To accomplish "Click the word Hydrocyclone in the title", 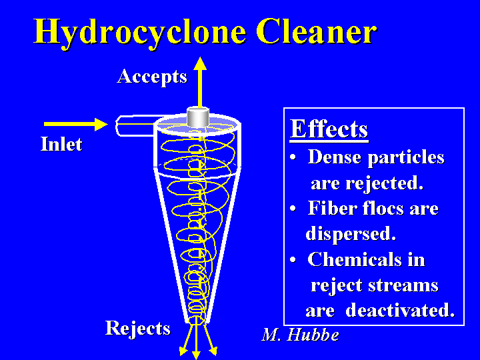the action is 140,32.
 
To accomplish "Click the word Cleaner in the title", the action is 317,31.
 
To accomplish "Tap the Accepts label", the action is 152,77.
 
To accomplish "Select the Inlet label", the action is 61,144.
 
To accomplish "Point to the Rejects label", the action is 138,329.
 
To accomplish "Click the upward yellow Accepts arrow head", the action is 200,63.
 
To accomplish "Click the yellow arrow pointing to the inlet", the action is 75,124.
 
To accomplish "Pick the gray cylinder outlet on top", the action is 198,117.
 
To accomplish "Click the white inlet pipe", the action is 135,125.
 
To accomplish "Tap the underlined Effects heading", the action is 329,129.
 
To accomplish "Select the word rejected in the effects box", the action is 384,183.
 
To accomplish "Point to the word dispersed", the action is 351,234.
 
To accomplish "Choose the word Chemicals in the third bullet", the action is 355,259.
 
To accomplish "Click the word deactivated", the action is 400,310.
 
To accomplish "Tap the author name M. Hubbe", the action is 300,335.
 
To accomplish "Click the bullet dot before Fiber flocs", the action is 293,209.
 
